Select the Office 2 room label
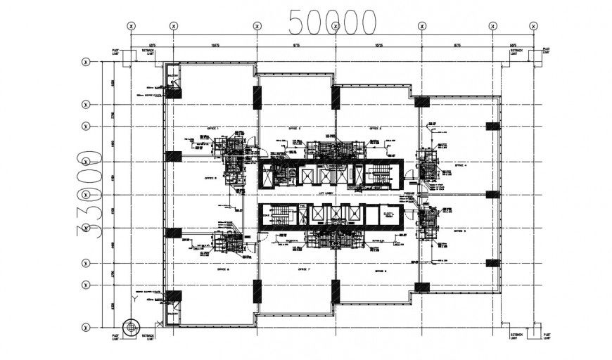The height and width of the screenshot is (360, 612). pyautogui.click(x=294, y=129)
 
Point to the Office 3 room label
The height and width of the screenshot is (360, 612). pyautogui.click(x=374, y=129)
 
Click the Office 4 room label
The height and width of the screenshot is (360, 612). pyautogui.click(x=461, y=166)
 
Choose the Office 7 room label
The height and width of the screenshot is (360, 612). pyautogui.click(x=304, y=269)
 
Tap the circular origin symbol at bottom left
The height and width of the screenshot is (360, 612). pyautogui.click(x=130, y=327)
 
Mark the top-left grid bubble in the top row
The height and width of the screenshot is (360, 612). pyautogui.click(x=131, y=26)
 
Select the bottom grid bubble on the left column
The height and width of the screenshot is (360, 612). pyautogui.click(x=86, y=327)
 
